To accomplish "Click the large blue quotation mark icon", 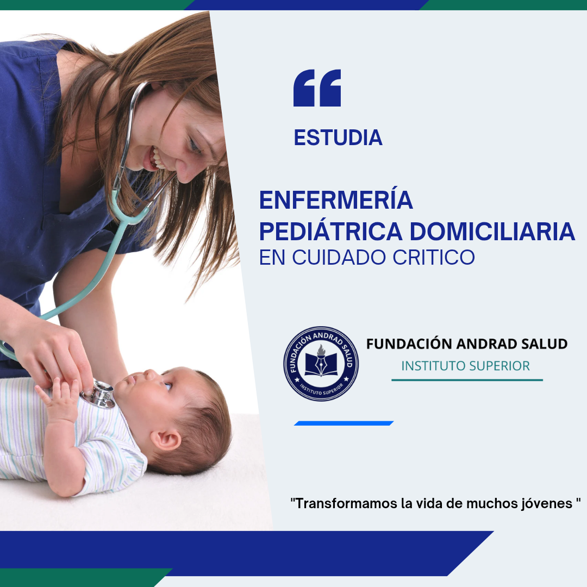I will coord(317,88).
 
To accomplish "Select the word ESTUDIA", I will coord(338,138).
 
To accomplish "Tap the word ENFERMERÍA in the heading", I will coord(336,201).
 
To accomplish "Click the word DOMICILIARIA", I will coord(492,232).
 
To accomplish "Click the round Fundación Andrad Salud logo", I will coord(321,364).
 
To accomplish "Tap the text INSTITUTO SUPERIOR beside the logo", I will coord(465,366).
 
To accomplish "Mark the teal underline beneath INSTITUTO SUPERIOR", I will coord(467,380).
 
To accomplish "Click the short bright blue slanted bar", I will coord(344,423).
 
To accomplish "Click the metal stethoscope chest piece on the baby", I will coord(99,394).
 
